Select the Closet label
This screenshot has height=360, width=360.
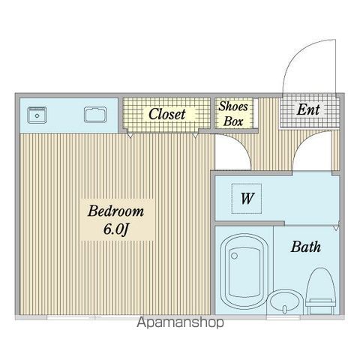pyautogui.click(x=166, y=115)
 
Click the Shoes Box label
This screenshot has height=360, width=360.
pyautogui.click(x=232, y=113)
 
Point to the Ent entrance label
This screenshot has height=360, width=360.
pyautogui.click(x=308, y=110)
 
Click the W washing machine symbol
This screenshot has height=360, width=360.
pyautogui.click(x=245, y=199)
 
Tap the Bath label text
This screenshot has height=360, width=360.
pyautogui.click(x=306, y=246)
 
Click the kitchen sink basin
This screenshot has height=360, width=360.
pyautogui.click(x=96, y=115)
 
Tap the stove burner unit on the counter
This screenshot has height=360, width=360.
pyautogui.click(x=37, y=115)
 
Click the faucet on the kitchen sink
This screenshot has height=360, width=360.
pyautogui.click(x=96, y=109)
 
